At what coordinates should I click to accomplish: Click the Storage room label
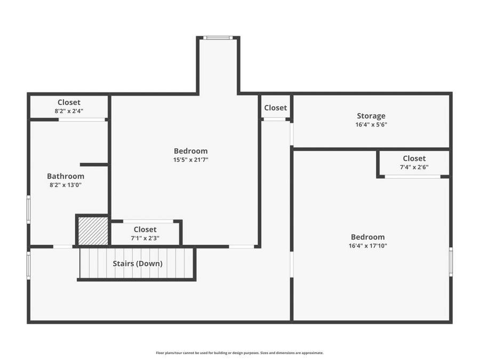point(371,116)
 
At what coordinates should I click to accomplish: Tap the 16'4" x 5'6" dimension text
point(371,125)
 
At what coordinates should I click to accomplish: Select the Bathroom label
point(65,176)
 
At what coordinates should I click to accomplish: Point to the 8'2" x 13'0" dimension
point(65,185)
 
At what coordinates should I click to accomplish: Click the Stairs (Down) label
point(137,263)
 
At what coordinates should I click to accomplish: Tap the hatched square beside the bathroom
point(93,230)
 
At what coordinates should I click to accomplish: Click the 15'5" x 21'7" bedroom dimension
point(190,159)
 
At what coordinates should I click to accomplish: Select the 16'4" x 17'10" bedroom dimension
point(367,246)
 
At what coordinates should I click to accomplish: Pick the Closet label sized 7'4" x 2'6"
point(414,158)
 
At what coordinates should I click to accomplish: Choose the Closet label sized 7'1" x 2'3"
point(145,229)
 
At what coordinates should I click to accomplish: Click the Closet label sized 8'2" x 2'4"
point(69,102)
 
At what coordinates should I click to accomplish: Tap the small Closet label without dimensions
point(275,108)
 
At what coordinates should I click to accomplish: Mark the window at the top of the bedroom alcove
point(218,38)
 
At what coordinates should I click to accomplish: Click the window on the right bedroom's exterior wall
point(451,262)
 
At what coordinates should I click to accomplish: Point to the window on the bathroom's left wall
point(28,209)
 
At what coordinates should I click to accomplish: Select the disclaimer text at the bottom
point(239,353)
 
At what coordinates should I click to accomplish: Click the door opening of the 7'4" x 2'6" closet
point(412,177)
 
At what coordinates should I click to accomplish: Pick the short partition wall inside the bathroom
point(94,165)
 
